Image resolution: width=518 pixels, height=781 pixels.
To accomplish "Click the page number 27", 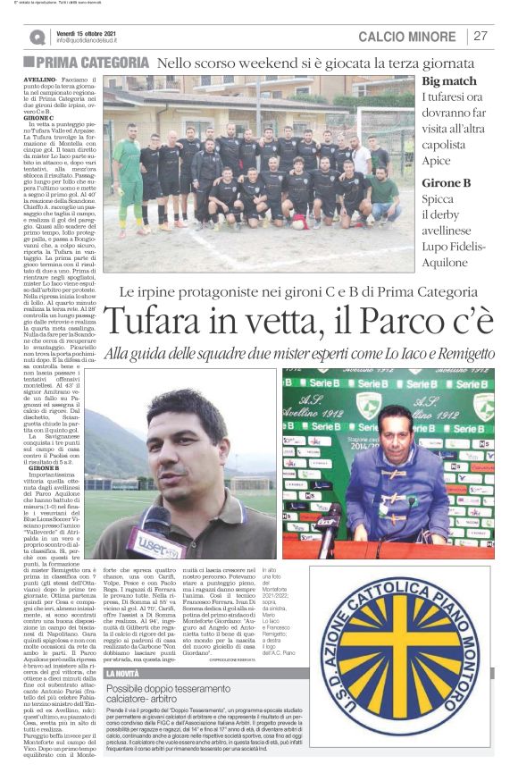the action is [480, 37].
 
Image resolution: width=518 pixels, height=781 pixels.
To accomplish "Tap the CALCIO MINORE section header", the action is [406, 37].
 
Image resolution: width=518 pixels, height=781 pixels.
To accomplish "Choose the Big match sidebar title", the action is [447, 80].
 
